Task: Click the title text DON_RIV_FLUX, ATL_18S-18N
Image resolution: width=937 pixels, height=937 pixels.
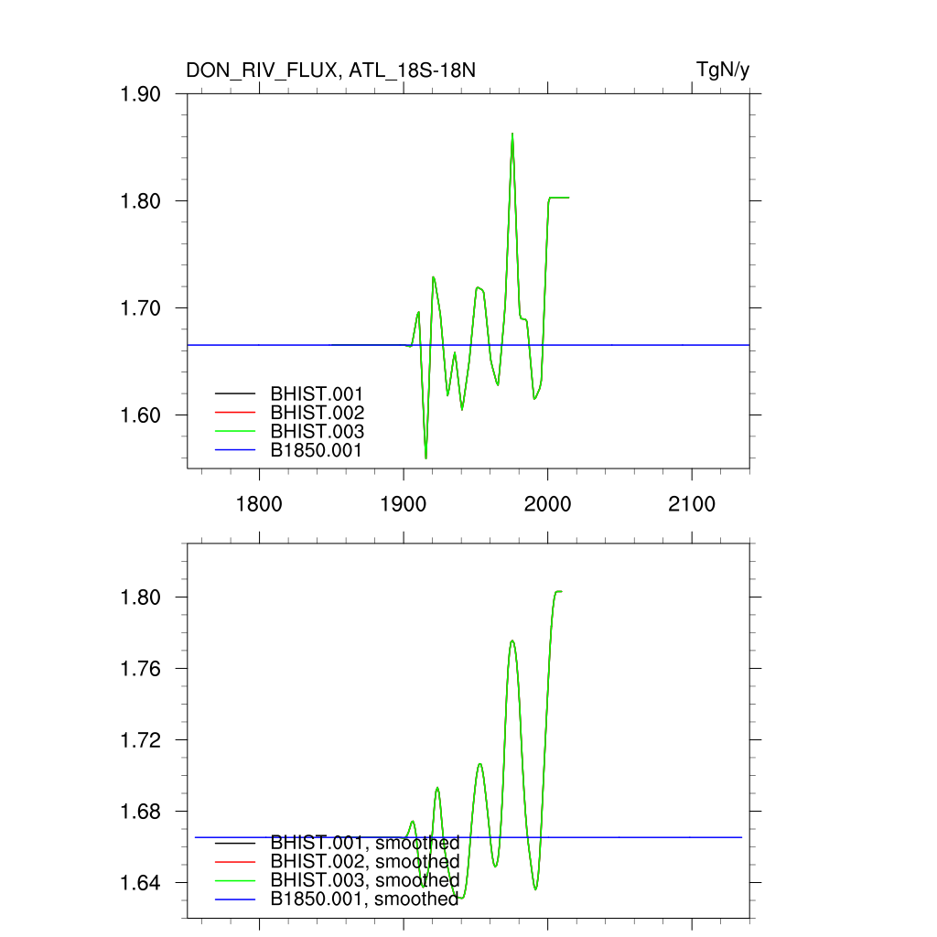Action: coord(330,70)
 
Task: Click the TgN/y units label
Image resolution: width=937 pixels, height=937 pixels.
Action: coord(723,70)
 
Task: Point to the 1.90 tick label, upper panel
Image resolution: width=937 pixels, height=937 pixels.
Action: coord(141,94)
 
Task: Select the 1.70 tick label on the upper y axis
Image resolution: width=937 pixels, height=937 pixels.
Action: coord(141,308)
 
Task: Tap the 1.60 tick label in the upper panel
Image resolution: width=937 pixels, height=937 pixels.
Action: coord(141,415)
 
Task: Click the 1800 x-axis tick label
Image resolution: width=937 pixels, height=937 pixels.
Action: coord(260,504)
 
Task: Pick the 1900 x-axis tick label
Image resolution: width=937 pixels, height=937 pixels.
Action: coord(404,504)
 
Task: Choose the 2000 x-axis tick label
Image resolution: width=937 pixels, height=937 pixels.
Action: coord(548,504)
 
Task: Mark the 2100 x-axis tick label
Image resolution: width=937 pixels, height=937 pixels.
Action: coord(692,504)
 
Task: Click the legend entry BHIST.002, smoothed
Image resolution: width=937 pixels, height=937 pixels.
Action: coord(365,862)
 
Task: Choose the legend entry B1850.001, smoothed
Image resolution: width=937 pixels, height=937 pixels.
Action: coord(365,899)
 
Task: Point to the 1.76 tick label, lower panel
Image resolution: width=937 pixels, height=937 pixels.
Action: coord(141,669)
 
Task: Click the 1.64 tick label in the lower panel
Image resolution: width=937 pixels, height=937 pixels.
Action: coord(141,883)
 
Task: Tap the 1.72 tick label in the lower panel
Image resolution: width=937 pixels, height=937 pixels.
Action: coord(141,740)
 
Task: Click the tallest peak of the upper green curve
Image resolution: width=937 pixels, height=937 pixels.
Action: coord(512,134)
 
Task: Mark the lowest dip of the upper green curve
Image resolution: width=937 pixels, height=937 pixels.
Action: coord(425,458)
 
